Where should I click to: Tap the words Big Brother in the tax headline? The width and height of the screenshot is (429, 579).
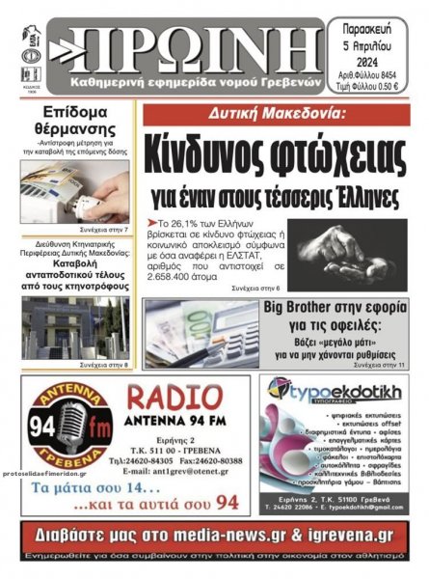pos(308,310)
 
